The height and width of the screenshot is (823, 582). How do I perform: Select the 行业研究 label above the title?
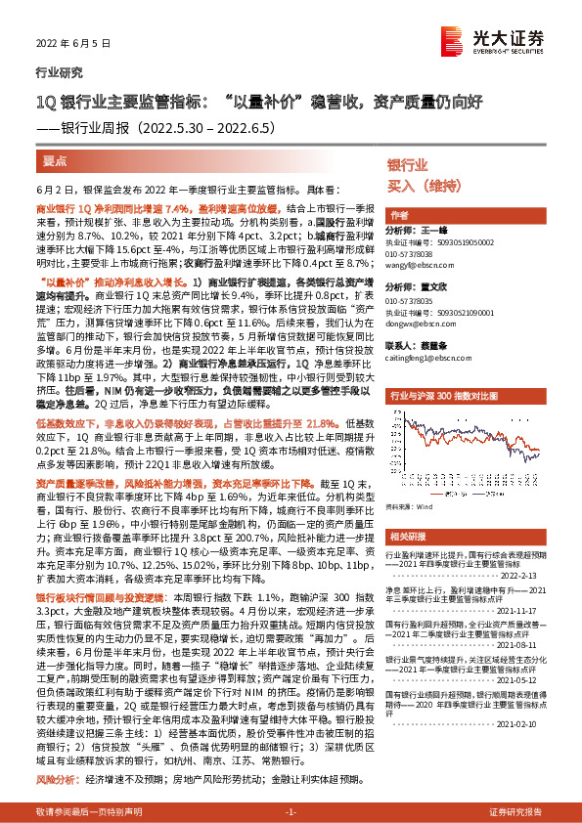pyautogui.click(x=53, y=71)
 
